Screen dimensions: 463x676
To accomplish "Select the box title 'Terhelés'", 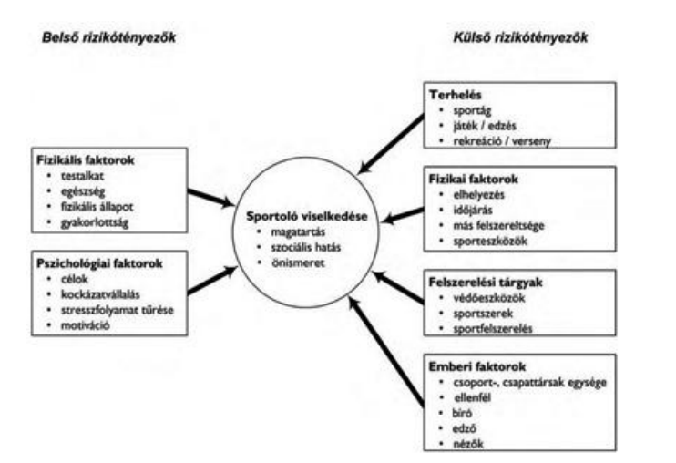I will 456,93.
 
